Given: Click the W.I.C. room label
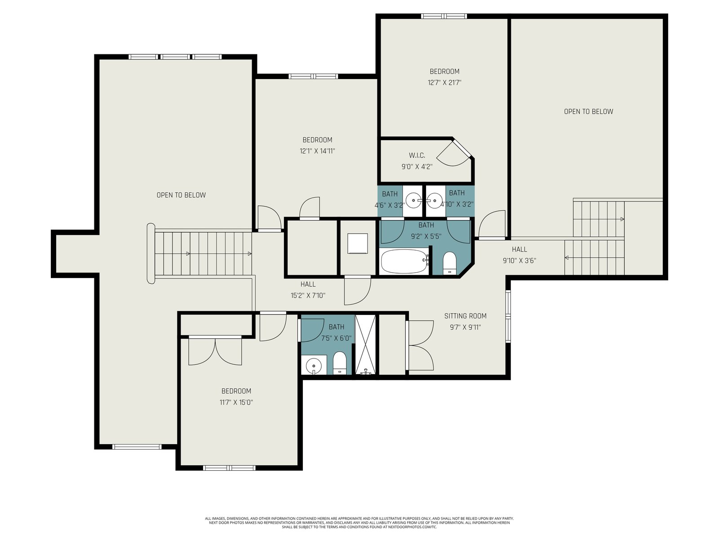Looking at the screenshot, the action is [417, 155].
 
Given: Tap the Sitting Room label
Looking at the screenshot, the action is [465, 316].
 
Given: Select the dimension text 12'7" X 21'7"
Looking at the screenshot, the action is [444, 83].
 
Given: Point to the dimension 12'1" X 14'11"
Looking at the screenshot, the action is [317, 151].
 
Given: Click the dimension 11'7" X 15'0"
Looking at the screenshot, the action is [236, 402].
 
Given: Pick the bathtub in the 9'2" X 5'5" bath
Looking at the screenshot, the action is [405, 261].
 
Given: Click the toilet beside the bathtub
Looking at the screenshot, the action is [449, 263].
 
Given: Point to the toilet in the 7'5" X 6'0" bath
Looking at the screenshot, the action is [339, 363].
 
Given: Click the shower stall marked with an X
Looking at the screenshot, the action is [365, 345].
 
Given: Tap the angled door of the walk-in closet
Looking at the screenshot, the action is [455, 153].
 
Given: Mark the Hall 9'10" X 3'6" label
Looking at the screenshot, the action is [519, 255].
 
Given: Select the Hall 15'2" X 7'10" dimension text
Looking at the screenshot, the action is [308, 296].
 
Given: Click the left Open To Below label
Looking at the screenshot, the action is [181, 195].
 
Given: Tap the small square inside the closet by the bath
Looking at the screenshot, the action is [357, 243].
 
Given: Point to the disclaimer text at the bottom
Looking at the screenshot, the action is [359, 523].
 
